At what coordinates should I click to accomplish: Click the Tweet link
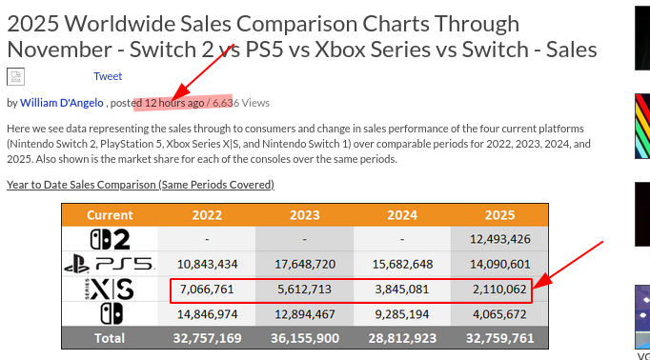point(108,76)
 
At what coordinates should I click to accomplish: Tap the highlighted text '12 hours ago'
point(174,102)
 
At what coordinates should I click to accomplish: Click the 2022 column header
point(207,214)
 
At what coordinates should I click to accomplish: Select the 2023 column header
point(304,214)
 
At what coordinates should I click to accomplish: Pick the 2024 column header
point(402,214)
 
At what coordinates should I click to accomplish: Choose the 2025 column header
point(500,214)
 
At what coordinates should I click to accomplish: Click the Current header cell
point(110,214)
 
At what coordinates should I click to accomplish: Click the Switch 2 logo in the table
point(110,239)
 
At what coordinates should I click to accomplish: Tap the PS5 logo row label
point(110,264)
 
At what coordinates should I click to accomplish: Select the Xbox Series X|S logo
point(110,289)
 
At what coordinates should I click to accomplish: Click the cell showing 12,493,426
point(500,239)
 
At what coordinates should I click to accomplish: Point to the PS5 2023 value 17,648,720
point(304,264)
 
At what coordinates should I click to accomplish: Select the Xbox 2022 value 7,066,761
point(207,289)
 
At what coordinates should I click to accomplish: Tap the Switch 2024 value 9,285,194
point(402,313)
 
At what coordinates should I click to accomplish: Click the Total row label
point(110,337)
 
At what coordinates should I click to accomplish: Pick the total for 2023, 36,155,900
point(304,337)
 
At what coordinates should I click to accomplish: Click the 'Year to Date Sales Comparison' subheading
point(140,184)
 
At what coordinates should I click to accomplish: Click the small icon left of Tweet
point(15,77)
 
